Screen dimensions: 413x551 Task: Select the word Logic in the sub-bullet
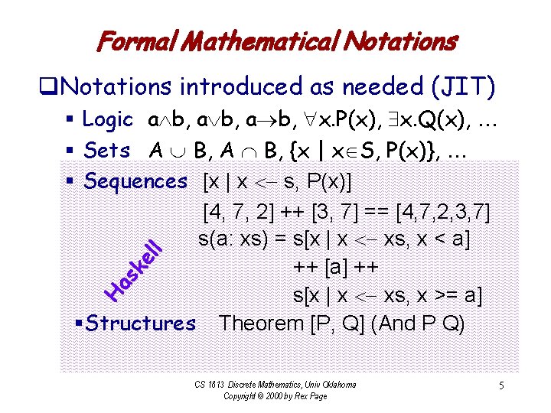pos(108,120)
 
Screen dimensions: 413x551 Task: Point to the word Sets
pos(107,151)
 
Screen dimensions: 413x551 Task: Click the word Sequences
pos(135,181)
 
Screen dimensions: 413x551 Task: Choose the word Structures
pos(142,324)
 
